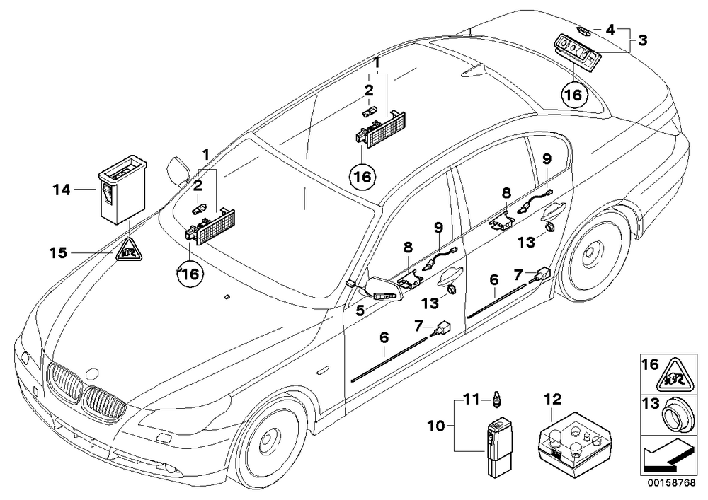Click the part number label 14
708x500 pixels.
coord(62,190)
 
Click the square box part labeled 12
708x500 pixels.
coord(573,440)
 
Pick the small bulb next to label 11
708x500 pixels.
coord(497,400)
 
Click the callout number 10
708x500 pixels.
coord(437,426)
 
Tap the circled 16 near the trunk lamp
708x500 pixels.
coord(574,95)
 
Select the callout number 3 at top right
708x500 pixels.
coord(642,40)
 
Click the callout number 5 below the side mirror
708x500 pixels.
coord(360,310)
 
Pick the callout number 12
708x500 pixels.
coord(553,399)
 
